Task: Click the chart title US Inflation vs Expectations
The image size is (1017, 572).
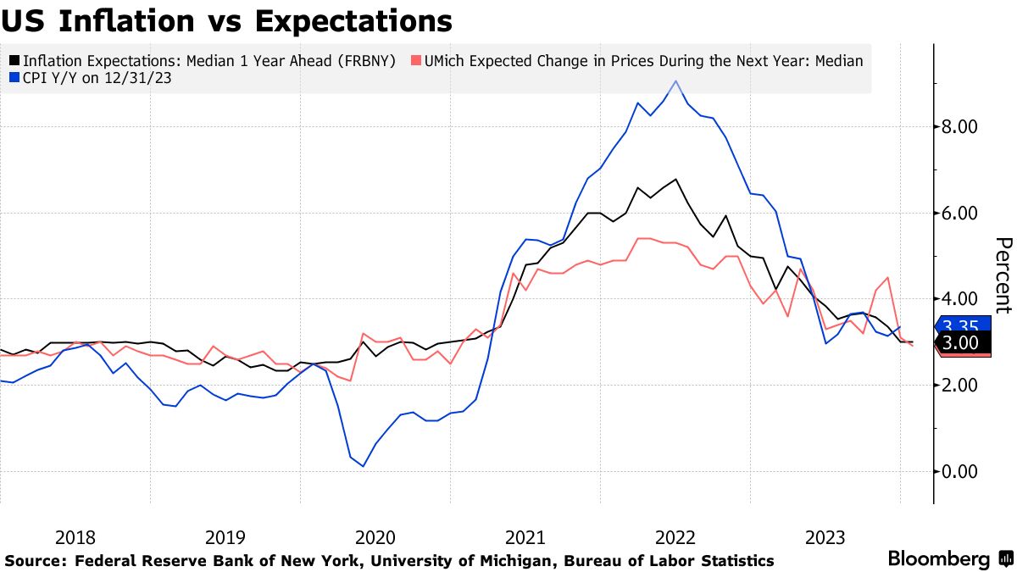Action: [226, 19]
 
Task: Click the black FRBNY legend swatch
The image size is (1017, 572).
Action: [15, 61]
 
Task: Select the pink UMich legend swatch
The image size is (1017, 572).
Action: [414, 61]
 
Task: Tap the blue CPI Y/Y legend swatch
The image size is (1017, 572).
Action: [15, 79]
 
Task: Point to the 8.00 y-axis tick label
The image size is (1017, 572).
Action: [960, 127]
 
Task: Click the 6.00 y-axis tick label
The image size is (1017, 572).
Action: [960, 214]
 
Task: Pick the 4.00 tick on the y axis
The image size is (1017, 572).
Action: [960, 299]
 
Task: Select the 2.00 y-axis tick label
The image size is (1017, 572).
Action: [960, 386]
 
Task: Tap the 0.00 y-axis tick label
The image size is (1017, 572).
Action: [960, 471]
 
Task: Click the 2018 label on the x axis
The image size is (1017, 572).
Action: [75, 537]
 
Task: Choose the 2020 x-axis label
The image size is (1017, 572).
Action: [375, 537]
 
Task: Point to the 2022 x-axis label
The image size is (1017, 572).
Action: [675, 537]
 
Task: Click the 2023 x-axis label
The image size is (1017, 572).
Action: [825, 537]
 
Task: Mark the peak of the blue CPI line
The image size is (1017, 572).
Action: [675, 81]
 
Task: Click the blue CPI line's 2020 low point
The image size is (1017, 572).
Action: [363, 466]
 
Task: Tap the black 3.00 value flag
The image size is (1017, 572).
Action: [961, 342]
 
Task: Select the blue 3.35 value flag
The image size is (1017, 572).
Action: [961, 326]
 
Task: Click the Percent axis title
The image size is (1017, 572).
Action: [1003, 275]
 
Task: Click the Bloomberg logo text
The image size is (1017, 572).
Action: [939, 559]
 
